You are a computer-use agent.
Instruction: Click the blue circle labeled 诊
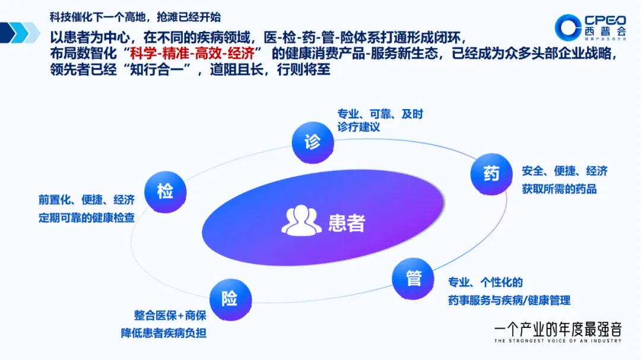point(313,142)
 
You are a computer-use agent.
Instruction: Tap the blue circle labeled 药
point(491,174)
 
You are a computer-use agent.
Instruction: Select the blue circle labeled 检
point(166,191)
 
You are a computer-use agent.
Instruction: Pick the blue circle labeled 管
point(413,278)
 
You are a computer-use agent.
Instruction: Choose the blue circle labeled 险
point(230,299)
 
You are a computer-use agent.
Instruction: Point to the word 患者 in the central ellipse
point(347,222)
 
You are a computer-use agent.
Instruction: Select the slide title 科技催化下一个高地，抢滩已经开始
point(139,17)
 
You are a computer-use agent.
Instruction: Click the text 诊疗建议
point(358,128)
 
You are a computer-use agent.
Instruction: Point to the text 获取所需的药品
point(559,190)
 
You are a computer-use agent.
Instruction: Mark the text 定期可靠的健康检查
point(87,218)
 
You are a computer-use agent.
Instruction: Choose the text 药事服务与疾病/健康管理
point(509,301)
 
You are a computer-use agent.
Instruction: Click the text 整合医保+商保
point(170,316)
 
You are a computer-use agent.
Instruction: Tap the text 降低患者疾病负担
point(164,333)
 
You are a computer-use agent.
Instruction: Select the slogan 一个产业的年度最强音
point(557,328)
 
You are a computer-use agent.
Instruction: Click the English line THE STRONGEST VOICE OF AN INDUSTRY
point(557,341)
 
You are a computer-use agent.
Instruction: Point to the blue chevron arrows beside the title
point(21,33)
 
